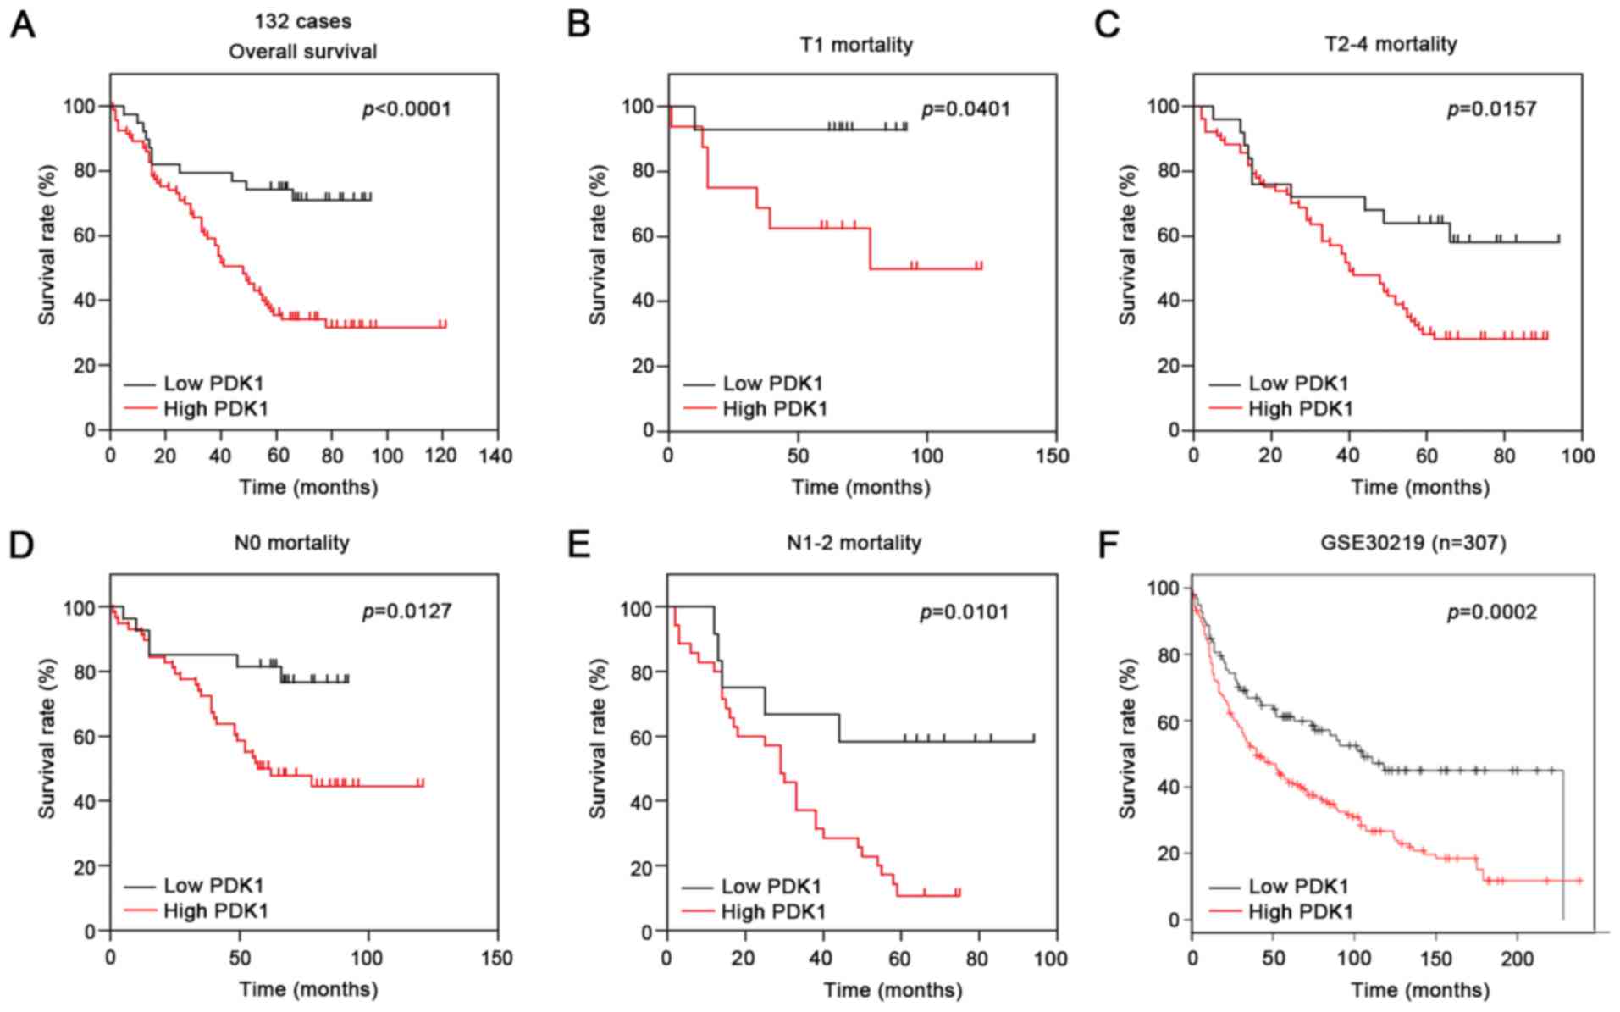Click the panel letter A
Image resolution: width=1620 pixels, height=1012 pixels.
click(x=23, y=25)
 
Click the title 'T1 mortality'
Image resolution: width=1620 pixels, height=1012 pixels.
click(x=856, y=44)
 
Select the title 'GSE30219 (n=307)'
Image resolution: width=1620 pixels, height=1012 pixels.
click(x=1413, y=542)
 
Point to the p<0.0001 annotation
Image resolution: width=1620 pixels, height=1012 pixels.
click(x=406, y=109)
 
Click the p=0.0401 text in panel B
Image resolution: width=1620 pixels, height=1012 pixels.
click(x=965, y=109)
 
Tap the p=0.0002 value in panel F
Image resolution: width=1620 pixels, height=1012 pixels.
click(x=1491, y=611)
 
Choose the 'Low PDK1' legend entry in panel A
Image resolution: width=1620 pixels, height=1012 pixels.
click(x=213, y=384)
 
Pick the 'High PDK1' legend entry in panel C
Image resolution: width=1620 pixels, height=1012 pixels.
click(x=1300, y=409)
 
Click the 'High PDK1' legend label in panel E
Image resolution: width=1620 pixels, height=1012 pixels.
click(x=772, y=911)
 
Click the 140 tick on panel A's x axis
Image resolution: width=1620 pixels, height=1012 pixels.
click(x=495, y=456)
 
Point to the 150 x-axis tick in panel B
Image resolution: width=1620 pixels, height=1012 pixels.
click(x=1053, y=456)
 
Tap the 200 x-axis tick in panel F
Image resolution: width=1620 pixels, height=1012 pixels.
click(x=1517, y=959)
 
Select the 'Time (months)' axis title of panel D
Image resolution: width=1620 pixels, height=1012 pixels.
click(x=308, y=989)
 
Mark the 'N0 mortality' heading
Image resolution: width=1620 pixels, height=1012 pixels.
click(x=291, y=542)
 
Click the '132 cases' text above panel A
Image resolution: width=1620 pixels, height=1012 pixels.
click(x=302, y=21)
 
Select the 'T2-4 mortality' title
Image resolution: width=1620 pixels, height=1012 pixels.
click(x=1391, y=44)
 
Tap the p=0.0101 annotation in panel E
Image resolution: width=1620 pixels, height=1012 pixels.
click(x=965, y=611)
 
